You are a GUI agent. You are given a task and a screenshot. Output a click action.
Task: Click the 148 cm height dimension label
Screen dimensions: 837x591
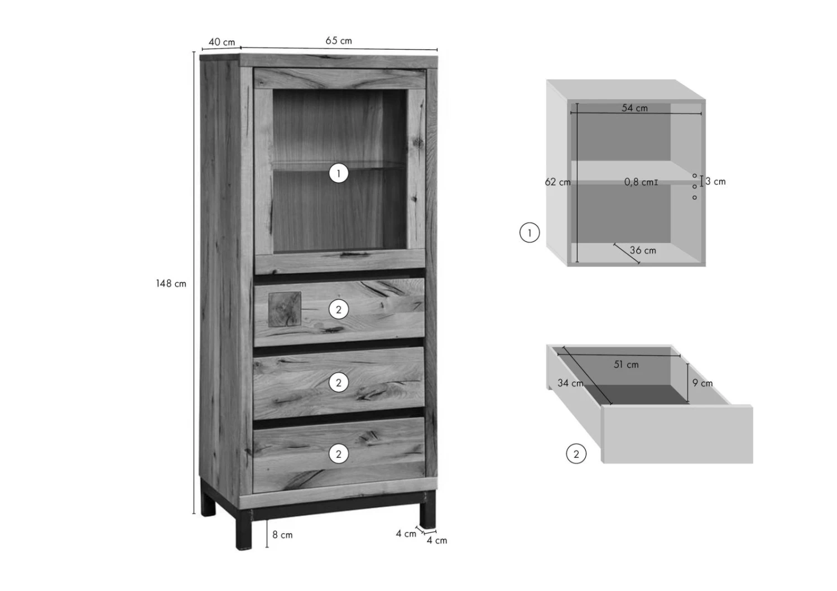tap(171, 284)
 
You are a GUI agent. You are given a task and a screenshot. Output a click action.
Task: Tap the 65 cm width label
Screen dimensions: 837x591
tap(339, 41)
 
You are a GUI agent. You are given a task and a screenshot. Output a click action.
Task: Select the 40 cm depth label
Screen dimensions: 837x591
tap(222, 42)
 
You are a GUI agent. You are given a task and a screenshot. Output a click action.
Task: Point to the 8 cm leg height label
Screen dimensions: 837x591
tap(282, 535)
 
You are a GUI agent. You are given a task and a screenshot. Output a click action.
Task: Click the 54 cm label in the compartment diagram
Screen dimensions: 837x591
tap(634, 108)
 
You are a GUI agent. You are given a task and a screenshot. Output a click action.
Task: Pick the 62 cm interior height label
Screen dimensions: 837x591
tap(557, 182)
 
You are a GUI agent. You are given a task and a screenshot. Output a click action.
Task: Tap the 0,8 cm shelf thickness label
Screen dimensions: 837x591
tap(638, 182)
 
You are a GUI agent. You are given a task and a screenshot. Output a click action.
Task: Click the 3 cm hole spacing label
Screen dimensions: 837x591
tap(715, 182)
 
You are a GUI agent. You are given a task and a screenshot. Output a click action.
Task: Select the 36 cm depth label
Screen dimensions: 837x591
tap(643, 250)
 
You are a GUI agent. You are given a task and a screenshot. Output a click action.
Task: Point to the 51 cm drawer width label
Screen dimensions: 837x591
tap(626, 365)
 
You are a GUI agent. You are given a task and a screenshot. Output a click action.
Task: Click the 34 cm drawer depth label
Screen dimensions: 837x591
tap(570, 383)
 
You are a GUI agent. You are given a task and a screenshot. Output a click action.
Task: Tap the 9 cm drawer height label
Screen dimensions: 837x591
tap(703, 384)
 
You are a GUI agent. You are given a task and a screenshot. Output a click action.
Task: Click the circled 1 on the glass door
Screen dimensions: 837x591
tap(339, 173)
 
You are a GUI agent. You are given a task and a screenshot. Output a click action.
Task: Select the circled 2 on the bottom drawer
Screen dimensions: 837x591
tap(339, 454)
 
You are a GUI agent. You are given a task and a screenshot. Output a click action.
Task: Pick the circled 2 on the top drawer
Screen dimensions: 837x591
tap(339, 309)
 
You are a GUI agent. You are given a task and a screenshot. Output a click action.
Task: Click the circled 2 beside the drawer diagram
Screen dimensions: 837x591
tap(576, 454)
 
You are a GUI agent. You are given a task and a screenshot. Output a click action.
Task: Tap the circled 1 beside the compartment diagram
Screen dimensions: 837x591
tap(530, 232)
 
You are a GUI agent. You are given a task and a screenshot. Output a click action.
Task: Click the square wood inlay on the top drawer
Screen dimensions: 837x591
tap(285, 309)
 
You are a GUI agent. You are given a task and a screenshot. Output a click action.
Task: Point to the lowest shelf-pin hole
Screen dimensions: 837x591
tap(695, 197)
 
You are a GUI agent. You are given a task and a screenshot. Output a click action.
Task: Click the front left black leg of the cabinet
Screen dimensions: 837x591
tap(244, 529)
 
